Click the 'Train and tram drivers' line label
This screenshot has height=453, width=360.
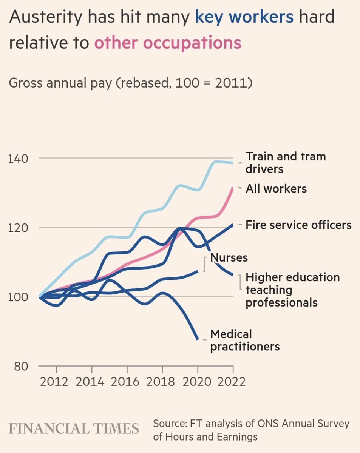pos(286,162)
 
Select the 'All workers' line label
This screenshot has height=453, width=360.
pos(276,188)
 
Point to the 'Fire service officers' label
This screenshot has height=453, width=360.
pos(298,225)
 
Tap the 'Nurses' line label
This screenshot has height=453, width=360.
pos(229,257)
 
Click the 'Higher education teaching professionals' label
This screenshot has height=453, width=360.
pos(292,290)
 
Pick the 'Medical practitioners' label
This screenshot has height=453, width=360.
pos(244,340)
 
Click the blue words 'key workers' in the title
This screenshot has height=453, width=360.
pos(244,17)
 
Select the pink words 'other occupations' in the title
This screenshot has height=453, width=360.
pos(167,43)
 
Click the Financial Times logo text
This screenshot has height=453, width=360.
pos(74,429)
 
